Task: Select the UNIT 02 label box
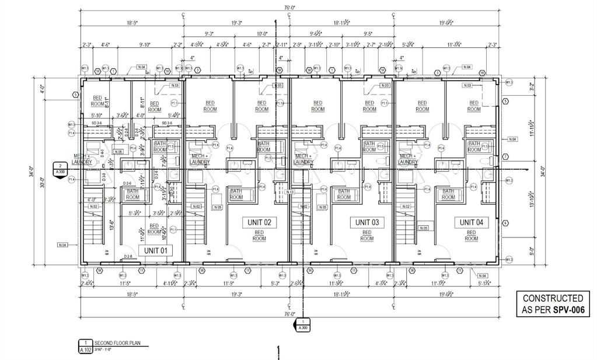[x=259, y=222]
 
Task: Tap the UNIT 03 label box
[x=366, y=222]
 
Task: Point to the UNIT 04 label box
[x=471, y=222]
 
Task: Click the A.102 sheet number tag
[x=85, y=350]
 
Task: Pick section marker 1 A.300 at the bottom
[x=303, y=324]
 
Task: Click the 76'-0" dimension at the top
[x=289, y=8]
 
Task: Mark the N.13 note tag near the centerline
[x=290, y=192]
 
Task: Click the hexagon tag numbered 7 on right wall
[x=505, y=156]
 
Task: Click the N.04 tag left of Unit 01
[x=62, y=245]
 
